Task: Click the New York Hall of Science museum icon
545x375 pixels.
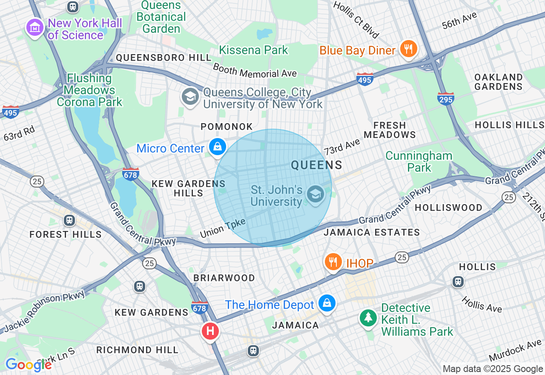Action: pos(35,28)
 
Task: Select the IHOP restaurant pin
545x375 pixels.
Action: pos(333,262)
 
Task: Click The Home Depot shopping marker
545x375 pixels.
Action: pos(327,303)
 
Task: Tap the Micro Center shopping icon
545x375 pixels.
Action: pos(218,147)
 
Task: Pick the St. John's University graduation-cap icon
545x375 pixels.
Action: pos(315,194)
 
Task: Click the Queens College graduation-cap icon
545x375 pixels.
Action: pos(190,97)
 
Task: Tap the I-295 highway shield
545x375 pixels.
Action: pos(445,98)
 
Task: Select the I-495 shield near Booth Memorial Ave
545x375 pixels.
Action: pos(365,79)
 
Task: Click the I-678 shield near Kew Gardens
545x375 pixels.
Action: pos(200,307)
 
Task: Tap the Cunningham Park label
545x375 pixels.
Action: pos(419,162)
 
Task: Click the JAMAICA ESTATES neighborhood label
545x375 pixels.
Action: pos(372,233)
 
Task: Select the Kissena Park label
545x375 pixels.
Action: pos(253,50)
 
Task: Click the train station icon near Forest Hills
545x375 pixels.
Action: pos(69,220)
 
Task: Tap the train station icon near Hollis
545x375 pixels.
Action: pos(458,281)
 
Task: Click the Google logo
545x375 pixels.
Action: pos(28,365)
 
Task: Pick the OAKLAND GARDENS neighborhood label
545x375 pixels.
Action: pos(498,82)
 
